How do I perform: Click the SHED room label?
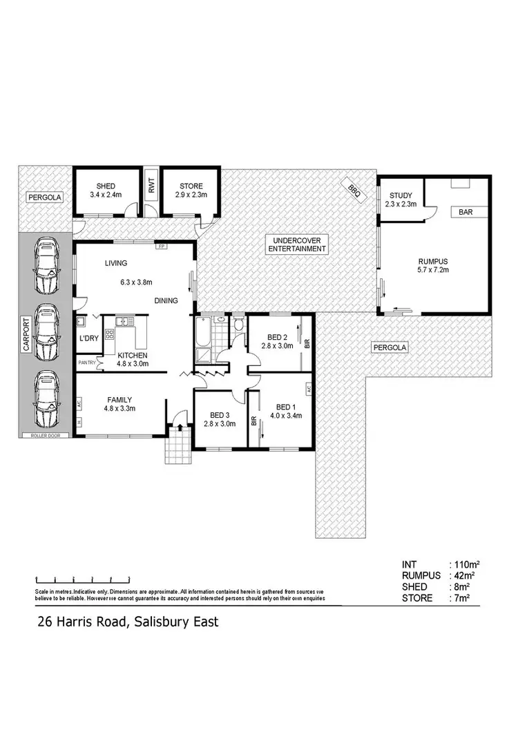[x=106, y=186]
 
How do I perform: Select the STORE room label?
[x=191, y=186]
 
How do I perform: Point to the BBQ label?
[x=354, y=187]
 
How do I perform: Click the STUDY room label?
[x=401, y=195]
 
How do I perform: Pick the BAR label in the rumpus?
[x=465, y=213]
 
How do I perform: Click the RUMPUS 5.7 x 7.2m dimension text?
[x=434, y=270]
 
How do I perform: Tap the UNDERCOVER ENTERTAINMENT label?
[x=296, y=244]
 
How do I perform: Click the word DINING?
[x=167, y=300]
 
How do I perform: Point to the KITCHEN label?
[x=131, y=356]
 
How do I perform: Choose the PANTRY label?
[x=87, y=363]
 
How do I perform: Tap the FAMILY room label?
[x=119, y=400]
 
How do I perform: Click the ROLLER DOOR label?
[x=46, y=436]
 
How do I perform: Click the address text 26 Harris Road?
[x=83, y=622]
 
